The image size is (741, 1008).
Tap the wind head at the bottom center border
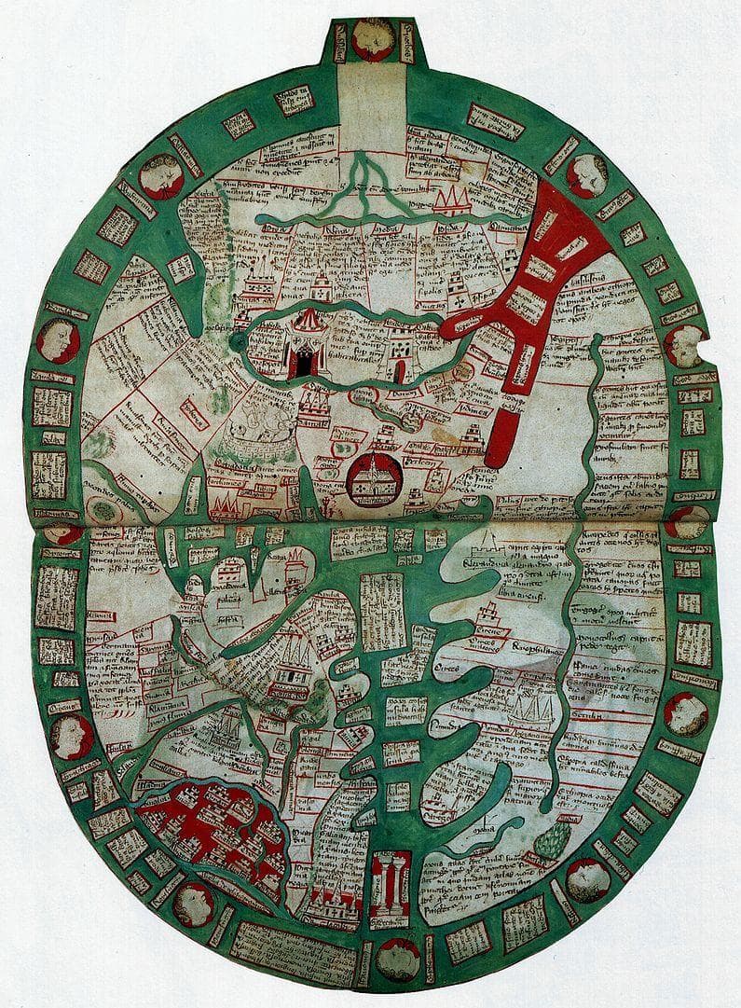(398, 958)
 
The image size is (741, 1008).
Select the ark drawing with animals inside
(266, 435)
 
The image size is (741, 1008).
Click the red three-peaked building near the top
(449, 200)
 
